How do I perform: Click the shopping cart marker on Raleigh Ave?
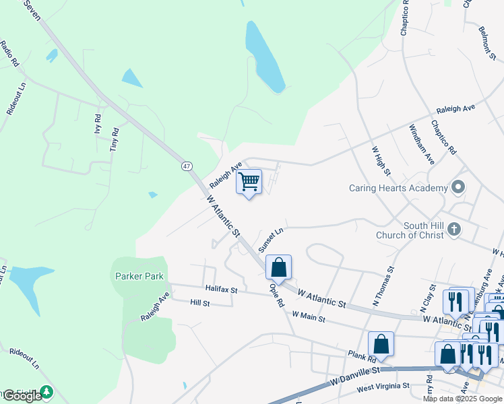point(249,182)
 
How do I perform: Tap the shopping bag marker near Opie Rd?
point(278,267)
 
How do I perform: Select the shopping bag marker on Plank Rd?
point(381,344)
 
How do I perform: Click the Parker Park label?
point(139,276)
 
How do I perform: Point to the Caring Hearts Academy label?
point(398,188)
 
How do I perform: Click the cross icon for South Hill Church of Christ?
point(454,229)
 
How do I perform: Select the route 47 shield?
point(186,165)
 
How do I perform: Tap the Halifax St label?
point(222,289)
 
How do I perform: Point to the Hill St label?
point(200,304)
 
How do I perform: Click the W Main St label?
point(309,316)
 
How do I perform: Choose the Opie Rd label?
point(277,294)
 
